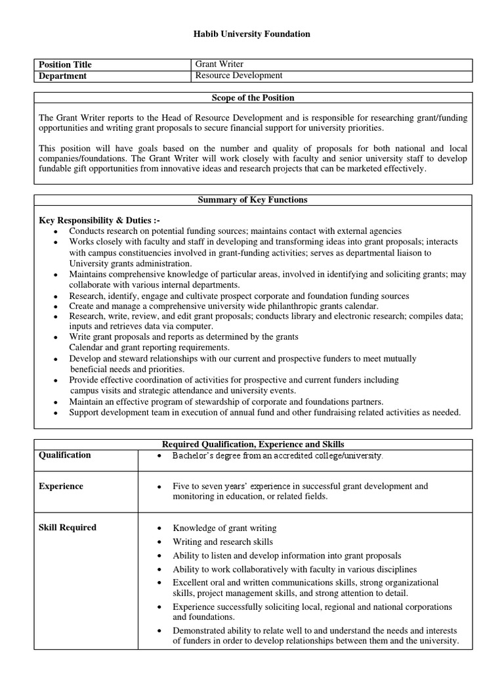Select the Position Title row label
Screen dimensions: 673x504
65,64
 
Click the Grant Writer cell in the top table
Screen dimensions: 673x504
219,64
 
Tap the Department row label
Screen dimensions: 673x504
62,76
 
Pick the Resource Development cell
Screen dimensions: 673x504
239,76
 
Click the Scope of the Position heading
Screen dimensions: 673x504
253,98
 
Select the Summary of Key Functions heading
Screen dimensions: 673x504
253,200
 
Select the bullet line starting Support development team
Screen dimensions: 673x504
265,413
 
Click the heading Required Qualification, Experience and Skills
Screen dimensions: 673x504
253,445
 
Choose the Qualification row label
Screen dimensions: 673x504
65,455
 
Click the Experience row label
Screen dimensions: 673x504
61,486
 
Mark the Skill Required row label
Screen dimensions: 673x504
68,527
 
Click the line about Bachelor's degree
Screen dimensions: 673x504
277,456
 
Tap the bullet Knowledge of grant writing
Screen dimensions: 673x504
224,528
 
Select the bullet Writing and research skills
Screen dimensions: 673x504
223,542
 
